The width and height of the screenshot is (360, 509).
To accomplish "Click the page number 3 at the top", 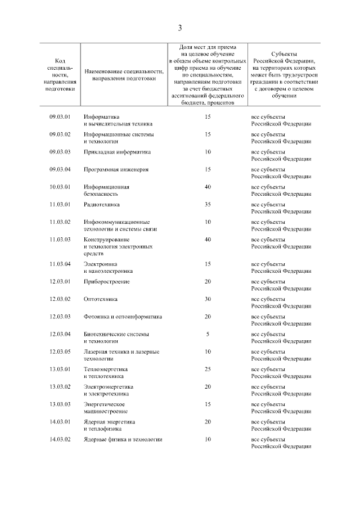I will click(x=179, y=28).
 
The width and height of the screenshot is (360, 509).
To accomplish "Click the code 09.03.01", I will click(x=60, y=117).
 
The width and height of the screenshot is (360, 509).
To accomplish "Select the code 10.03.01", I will click(x=60, y=187).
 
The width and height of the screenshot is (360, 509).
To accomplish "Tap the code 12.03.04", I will click(x=60, y=334).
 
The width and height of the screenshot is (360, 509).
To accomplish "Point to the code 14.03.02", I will click(x=60, y=439).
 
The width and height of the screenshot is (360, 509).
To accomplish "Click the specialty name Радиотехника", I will click(x=102, y=204).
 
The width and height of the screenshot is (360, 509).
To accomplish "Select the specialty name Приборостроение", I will click(x=107, y=281).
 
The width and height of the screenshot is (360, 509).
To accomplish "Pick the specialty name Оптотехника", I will click(x=101, y=299).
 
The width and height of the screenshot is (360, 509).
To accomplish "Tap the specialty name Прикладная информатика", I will click(x=118, y=152).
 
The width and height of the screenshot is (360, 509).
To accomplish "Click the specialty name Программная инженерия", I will click(x=116, y=169).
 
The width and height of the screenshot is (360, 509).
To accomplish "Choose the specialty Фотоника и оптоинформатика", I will click(x=123, y=317).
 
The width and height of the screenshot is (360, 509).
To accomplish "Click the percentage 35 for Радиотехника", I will click(x=208, y=204).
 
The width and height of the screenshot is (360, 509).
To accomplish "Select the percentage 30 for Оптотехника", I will click(x=208, y=299).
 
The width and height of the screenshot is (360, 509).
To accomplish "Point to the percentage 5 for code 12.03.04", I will click(x=208, y=334).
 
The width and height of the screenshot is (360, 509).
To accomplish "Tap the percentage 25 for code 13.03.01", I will click(x=208, y=369).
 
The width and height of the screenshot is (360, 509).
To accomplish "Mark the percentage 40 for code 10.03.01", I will click(x=208, y=187).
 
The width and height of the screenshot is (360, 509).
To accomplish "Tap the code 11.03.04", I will click(x=60, y=264).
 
